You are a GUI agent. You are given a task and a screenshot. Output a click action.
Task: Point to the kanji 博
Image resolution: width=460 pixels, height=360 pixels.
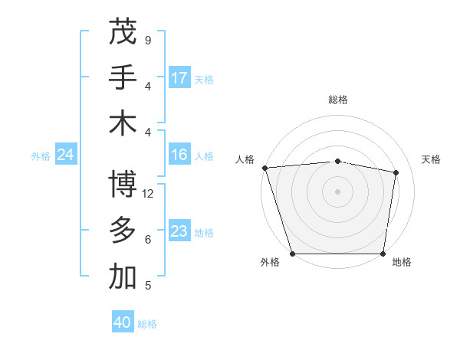[x=123, y=184]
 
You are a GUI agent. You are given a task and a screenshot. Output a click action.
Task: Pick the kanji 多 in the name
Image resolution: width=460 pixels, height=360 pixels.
[x=123, y=231]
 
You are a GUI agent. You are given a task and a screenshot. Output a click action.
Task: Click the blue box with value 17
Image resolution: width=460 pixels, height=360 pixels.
[x=179, y=78]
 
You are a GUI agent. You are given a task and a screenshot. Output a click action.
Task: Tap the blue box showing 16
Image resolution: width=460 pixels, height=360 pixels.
[x=179, y=155]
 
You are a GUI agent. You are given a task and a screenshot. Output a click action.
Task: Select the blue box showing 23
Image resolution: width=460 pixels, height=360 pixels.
[x=179, y=231]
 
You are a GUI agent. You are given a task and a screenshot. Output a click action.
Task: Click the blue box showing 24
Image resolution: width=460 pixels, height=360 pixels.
[x=65, y=155]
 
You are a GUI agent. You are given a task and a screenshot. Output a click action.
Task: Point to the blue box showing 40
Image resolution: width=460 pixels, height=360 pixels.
[x=123, y=322]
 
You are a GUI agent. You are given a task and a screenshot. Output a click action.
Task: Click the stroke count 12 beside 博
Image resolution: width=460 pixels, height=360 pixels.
[x=149, y=194]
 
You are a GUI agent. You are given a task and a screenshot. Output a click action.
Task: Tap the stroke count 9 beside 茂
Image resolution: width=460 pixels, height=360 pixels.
[x=148, y=40]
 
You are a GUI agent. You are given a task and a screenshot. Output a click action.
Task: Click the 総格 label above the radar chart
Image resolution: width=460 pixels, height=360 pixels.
[x=338, y=100]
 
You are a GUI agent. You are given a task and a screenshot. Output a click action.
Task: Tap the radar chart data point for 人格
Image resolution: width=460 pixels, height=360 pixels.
[x=264, y=168]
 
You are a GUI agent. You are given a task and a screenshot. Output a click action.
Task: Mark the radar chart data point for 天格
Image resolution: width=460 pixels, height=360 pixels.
[x=396, y=172]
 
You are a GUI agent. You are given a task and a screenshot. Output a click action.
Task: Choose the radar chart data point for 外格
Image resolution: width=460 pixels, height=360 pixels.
[x=292, y=254]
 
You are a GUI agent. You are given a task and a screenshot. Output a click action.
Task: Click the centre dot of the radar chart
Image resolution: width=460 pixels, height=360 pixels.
[x=338, y=191]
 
